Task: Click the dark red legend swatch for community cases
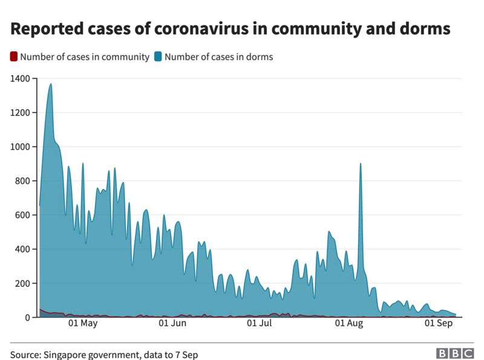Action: coord(13,57)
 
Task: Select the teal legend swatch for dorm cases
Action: coord(158,57)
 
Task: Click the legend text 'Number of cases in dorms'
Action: coord(218,57)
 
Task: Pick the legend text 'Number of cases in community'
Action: coord(84,57)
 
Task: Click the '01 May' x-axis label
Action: coord(83,324)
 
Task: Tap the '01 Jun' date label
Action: coord(172,324)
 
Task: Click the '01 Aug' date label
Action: coord(350,324)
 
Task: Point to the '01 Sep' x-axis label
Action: coord(439,324)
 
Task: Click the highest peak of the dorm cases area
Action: coord(51,85)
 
